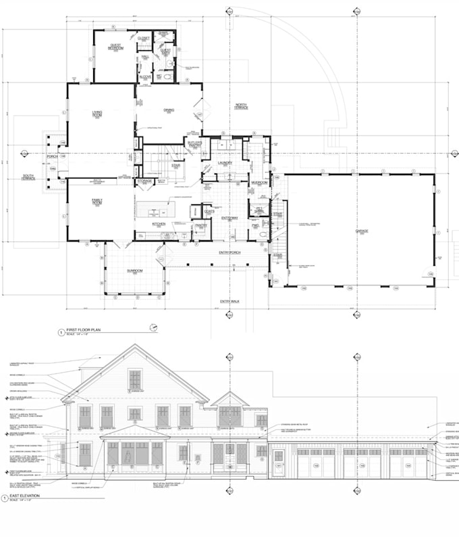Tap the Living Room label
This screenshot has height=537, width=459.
tap(97, 114)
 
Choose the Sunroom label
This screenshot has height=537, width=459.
tap(134, 271)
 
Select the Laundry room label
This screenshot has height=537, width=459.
tap(225, 163)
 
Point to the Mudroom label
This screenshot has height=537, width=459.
tap(259, 183)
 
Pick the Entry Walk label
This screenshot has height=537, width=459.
tap(230, 301)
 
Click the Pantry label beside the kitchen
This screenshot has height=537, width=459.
tap(201, 226)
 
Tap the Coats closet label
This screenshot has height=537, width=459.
tap(209, 211)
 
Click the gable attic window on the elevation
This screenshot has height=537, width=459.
tap(136, 379)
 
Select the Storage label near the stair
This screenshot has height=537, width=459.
tap(144, 181)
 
